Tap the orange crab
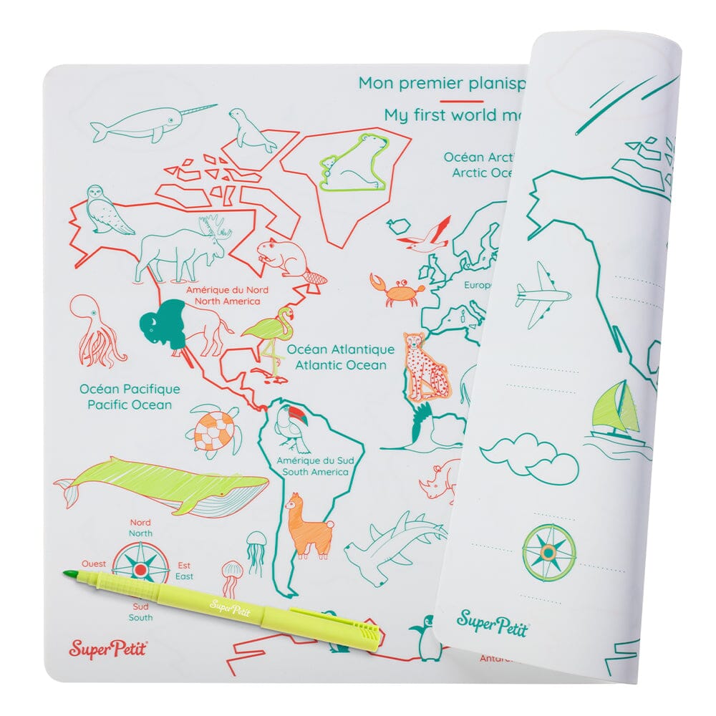(395, 290)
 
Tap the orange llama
(308, 526)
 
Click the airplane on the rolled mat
(543, 294)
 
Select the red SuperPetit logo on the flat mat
(103, 649)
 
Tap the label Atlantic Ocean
(341, 365)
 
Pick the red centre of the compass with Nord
(141, 569)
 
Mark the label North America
(218, 302)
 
